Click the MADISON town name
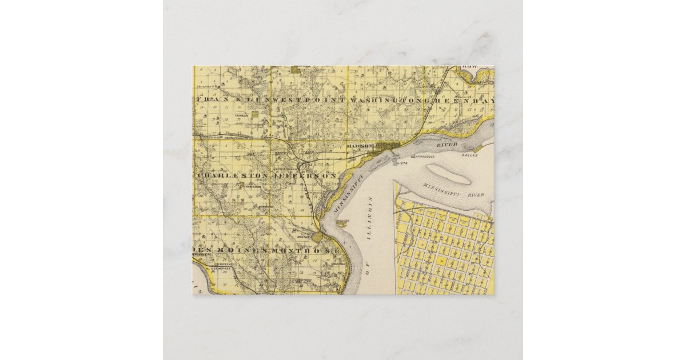click(x=360, y=146)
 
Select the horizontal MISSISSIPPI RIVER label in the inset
click(x=453, y=191)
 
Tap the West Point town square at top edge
click(x=295, y=70)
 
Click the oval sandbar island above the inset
click(x=450, y=174)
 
